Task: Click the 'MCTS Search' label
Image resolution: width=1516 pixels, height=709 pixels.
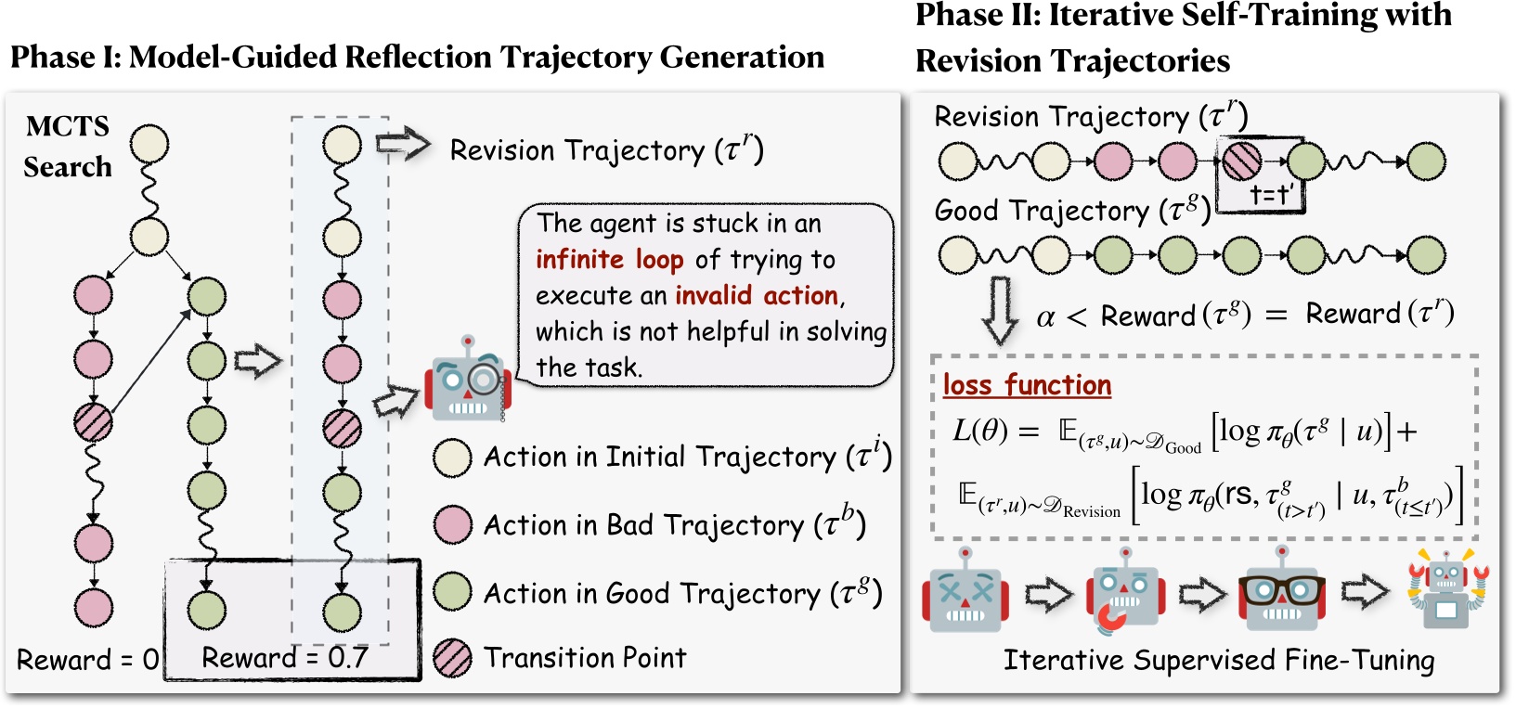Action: point(67,146)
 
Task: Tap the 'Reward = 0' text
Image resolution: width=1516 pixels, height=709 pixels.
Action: point(87,660)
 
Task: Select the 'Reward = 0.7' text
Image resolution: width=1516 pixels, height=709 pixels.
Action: point(284,658)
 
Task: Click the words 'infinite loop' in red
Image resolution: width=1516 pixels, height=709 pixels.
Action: point(609,259)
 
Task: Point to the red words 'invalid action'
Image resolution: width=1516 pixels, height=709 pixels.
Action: point(756,295)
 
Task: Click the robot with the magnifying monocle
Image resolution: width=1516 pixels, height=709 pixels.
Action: point(467,380)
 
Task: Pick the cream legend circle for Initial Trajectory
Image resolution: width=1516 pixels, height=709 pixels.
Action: point(452,458)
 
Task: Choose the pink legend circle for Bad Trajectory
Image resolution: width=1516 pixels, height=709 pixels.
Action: point(452,525)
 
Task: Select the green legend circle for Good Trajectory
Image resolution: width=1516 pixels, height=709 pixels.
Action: point(452,593)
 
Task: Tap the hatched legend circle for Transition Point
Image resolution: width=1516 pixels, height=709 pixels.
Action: point(452,658)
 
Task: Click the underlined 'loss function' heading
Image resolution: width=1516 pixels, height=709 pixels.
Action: point(1027,385)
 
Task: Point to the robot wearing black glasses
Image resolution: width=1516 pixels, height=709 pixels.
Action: point(1280,589)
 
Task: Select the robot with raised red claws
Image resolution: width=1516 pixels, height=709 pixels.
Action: point(1446,589)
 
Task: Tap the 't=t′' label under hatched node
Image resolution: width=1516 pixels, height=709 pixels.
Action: point(1271,195)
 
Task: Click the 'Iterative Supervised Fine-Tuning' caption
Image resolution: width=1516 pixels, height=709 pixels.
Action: point(1218,660)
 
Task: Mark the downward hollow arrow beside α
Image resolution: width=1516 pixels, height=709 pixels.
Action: point(1000,310)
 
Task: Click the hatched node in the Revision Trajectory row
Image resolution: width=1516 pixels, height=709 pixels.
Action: point(1241,161)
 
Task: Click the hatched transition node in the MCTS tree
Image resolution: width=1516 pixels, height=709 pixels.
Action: point(93,423)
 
